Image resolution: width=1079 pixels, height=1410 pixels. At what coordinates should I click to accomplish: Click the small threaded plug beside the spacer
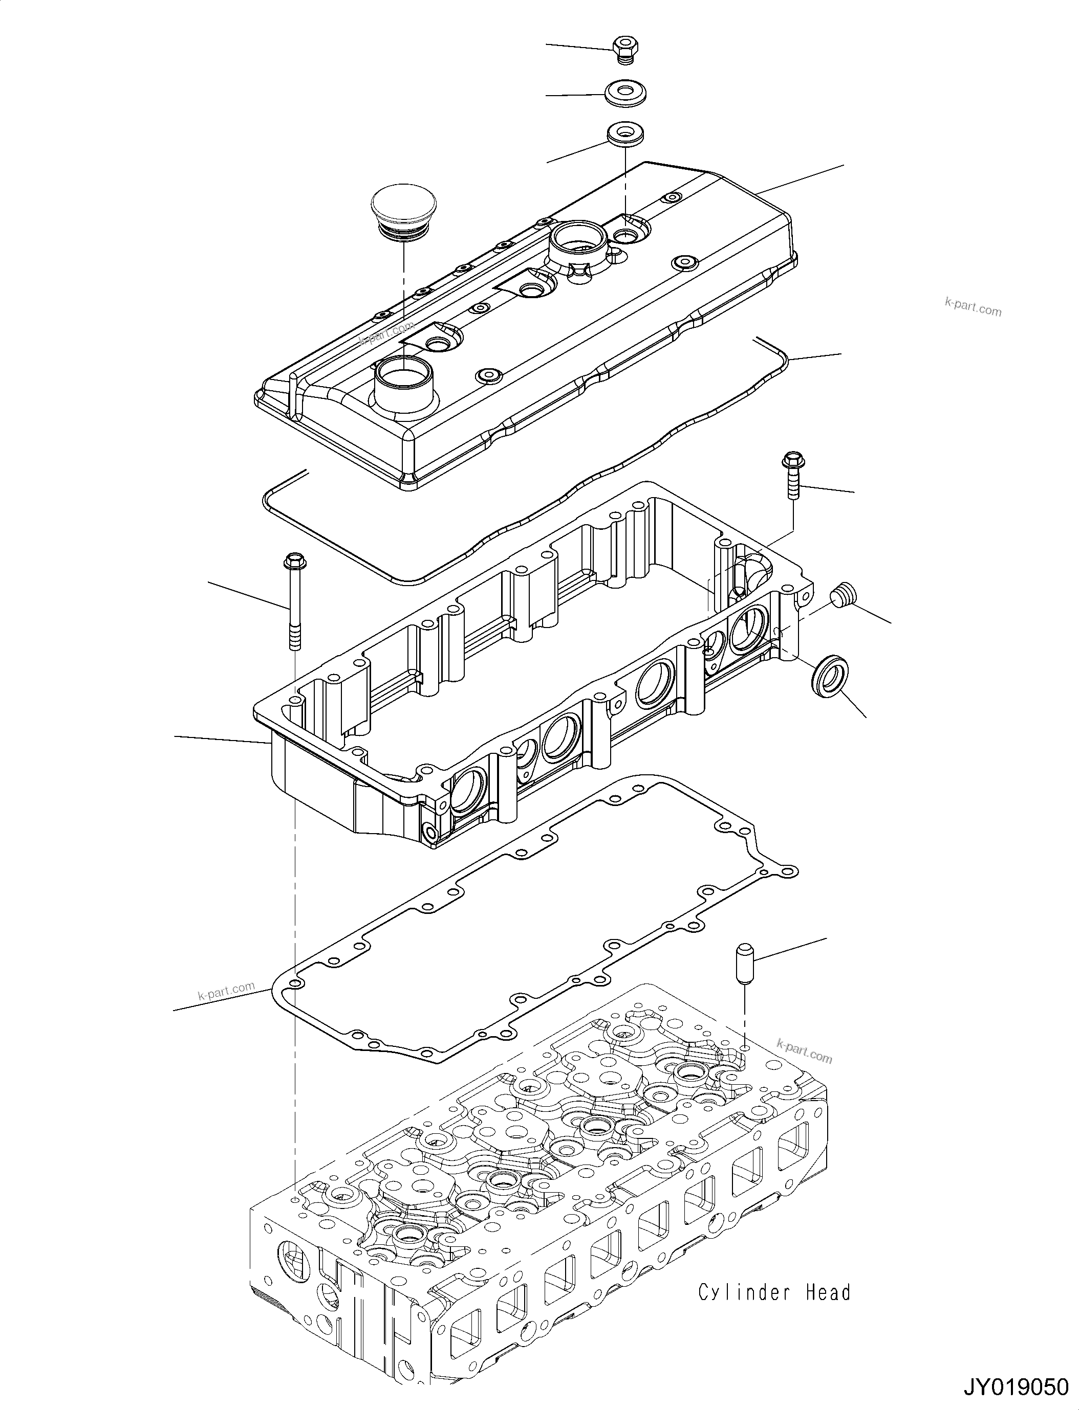click(840, 594)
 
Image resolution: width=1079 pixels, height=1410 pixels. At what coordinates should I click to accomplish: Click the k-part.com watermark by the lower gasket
click(226, 992)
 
